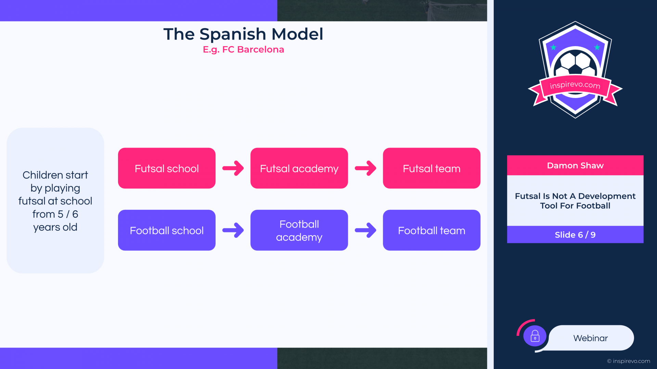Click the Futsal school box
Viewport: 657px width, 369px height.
[167, 168]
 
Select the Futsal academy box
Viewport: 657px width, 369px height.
[299, 168]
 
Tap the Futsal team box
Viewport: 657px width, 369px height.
[431, 168]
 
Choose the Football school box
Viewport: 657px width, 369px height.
[167, 230]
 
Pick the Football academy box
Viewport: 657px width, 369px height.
[299, 230]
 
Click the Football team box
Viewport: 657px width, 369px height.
[431, 230]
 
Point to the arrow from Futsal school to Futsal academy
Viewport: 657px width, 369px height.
[233, 168]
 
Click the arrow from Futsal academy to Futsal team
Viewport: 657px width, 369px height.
[365, 168]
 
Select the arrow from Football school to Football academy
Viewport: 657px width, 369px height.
[233, 230]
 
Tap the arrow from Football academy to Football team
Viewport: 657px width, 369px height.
[365, 230]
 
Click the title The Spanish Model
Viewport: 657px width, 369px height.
[243, 34]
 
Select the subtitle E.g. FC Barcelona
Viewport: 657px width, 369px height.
[243, 50]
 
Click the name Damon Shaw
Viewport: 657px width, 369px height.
[575, 166]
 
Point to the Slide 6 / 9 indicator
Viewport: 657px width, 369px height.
[575, 235]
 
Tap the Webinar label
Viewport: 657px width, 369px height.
[591, 338]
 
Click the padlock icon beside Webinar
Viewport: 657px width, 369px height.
[535, 336]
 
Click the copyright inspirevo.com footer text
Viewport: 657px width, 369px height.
[629, 361]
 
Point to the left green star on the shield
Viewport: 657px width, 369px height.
[553, 47]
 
